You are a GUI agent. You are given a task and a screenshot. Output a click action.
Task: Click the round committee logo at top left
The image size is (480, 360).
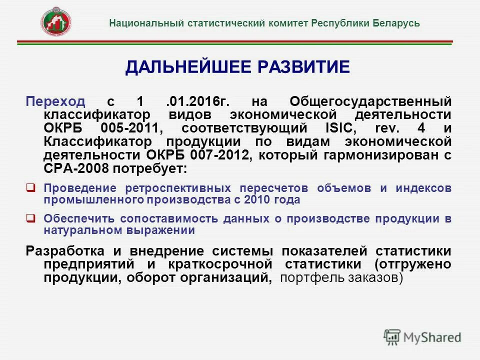coord(56,21)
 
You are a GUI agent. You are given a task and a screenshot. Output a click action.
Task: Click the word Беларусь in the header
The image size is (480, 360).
coord(396,23)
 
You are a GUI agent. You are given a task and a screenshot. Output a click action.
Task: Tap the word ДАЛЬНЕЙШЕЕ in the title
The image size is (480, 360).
coord(187,67)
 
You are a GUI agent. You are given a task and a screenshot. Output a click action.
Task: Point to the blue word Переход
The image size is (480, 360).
coord(55,101)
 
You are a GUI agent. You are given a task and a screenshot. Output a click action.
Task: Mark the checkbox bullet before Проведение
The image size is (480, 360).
coord(30,188)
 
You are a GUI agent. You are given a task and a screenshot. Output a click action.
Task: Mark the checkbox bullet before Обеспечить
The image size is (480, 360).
coord(30,218)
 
